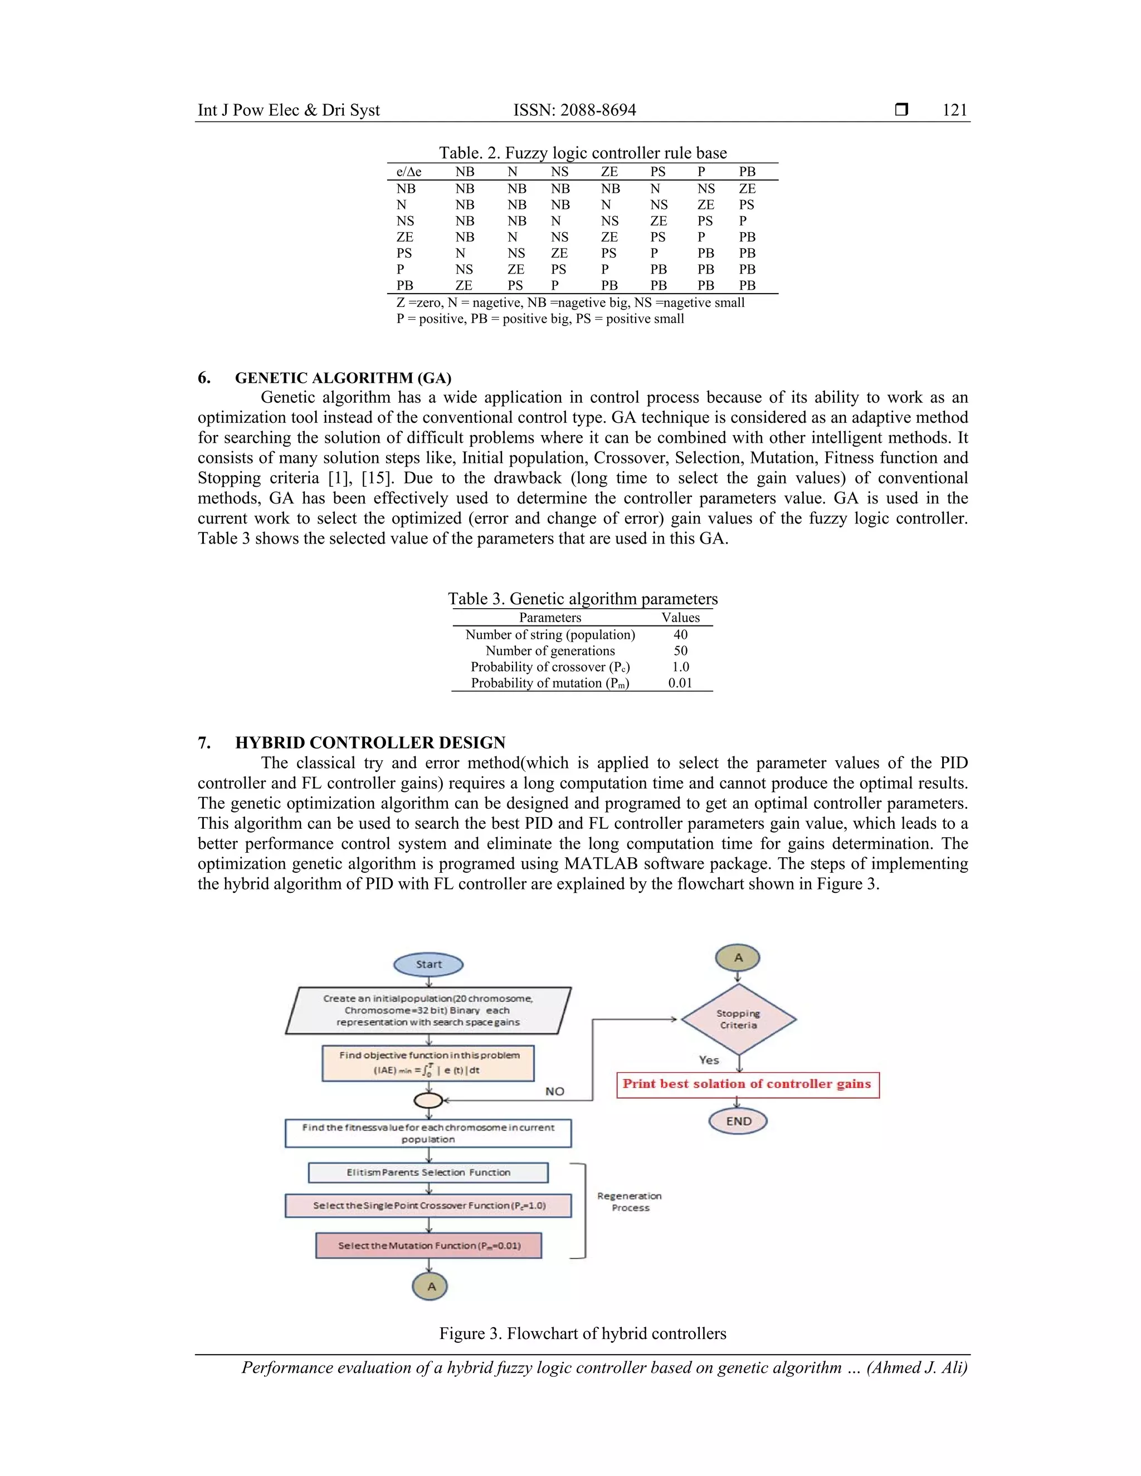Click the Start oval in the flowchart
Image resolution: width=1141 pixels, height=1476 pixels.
pos(428,964)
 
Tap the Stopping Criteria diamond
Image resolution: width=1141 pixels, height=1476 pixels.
pos(738,1019)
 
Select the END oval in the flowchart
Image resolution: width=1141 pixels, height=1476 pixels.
pos(738,1121)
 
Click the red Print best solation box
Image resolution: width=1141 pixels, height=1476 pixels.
pos(748,1084)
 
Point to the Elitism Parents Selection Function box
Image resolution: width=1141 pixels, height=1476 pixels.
pos(428,1172)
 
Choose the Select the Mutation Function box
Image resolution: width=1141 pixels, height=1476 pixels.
pos(428,1245)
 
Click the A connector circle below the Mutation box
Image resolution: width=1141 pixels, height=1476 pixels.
pos(431,1287)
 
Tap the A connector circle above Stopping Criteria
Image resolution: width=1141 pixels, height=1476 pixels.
pos(738,957)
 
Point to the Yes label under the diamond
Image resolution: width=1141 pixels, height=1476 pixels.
pos(709,1060)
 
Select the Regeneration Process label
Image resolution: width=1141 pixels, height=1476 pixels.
pos(630,1201)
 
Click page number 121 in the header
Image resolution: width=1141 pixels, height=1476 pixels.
pos(954,110)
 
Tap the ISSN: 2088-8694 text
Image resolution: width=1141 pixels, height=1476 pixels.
pos(574,110)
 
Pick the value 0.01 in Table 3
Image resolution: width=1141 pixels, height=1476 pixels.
pos(680,683)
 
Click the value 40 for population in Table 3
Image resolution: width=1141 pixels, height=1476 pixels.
pos(680,634)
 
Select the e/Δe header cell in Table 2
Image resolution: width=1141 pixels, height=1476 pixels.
pos(408,172)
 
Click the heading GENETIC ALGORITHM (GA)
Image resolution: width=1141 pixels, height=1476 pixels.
pos(343,378)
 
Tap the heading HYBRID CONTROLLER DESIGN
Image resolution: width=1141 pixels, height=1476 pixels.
pos(370,742)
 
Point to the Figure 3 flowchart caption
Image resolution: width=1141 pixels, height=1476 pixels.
pos(583,1333)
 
